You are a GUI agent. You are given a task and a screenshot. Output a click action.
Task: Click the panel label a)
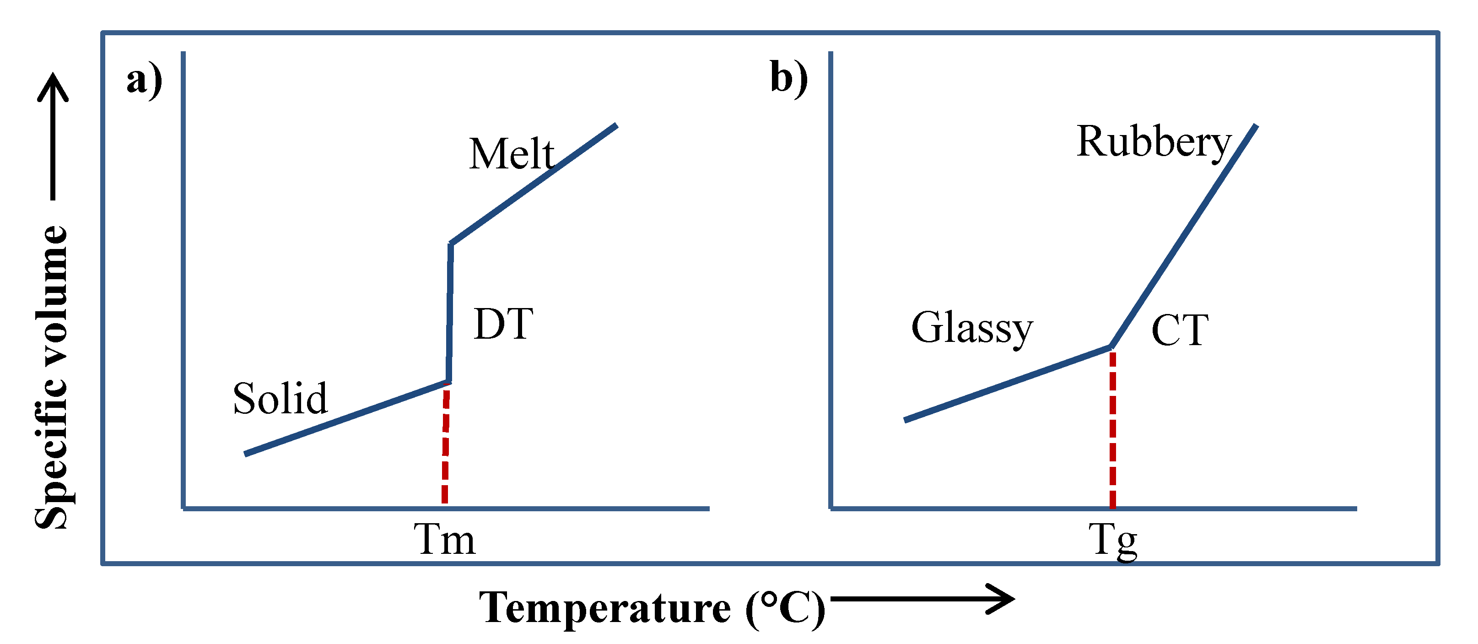point(145,81)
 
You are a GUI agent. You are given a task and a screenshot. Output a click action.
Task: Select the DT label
point(504,325)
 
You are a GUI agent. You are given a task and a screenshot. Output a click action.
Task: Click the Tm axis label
point(445,540)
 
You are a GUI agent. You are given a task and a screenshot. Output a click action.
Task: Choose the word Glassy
point(972,328)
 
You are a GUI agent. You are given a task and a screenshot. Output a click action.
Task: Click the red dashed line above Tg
point(1112,431)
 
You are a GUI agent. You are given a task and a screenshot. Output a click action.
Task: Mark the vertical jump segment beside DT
point(450,313)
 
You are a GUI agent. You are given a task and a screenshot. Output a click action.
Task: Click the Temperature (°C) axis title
point(652,608)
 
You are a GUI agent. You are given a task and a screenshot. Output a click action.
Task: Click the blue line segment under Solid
point(344,418)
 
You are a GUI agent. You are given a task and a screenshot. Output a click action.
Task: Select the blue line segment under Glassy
point(1007,384)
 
